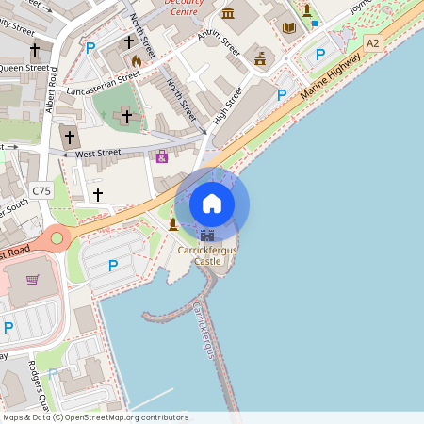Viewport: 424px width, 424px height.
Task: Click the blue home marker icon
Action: pyautogui.click(x=212, y=204)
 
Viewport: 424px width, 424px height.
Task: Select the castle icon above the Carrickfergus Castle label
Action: pyautogui.click(x=207, y=236)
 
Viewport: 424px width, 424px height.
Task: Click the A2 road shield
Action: pyautogui.click(x=373, y=43)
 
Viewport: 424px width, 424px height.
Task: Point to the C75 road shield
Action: pyautogui.click(x=41, y=191)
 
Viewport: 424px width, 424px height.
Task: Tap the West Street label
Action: pyautogui.click(x=98, y=153)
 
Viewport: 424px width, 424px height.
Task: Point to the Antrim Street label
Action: pyautogui.click(x=198, y=41)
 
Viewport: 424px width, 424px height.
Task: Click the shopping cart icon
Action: pyautogui.click(x=33, y=279)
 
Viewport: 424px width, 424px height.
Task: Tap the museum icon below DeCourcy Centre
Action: pyautogui.click(x=228, y=13)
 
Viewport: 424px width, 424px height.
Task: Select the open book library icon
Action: pyautogui.click(x=288, y=27)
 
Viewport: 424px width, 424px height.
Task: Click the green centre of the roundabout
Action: pyautogui.click(x=57, y=238)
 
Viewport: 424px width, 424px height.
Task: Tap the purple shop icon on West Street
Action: pyautogui.click(x=162, y=156)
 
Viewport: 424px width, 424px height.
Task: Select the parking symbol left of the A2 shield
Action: pyautogui.click(x=320, y=55)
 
